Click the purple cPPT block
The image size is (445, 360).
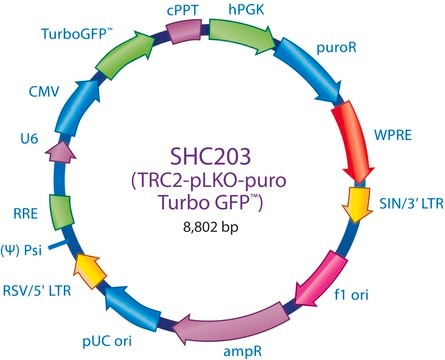coord(184,31)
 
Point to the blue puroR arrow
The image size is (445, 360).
coord(310,71)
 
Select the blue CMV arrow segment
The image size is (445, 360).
coord(78,107)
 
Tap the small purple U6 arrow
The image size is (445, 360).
coord(61,152)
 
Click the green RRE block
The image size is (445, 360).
coord(61,212)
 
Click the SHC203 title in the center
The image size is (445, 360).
coord(210,157)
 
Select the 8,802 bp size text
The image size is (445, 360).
coord(211,227)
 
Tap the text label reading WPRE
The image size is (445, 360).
coord(393,135)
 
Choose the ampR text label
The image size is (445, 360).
coord(243,351)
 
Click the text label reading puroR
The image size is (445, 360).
coord(336,48)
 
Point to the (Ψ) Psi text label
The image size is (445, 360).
coord(22,250)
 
